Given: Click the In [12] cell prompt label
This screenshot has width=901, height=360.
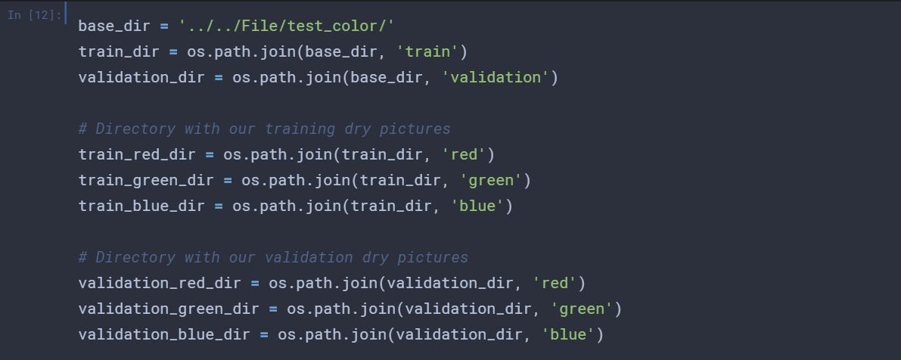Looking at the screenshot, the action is tap(34, 15).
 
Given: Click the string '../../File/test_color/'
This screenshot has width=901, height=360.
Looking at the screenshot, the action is tap(287, 26).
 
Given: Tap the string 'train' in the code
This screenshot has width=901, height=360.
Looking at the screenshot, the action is tap(432, 51).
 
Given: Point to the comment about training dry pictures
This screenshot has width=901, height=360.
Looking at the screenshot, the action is tap(265, 129).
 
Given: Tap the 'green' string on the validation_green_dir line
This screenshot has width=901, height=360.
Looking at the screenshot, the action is tap(581, 309).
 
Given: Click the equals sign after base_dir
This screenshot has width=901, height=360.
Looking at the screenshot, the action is tap(164, 26).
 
